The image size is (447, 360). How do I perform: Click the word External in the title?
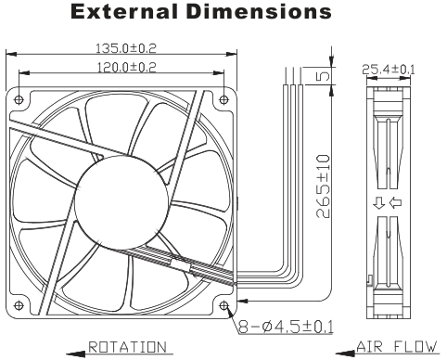click(x=124, y=12)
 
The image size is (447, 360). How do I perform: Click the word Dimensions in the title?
click(x=260, y=12)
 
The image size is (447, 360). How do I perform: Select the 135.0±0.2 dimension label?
click(x=125, y=48)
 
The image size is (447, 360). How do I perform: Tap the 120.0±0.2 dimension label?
click(x=126, y=67)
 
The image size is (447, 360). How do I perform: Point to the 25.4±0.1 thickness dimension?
click(x=389, y=70)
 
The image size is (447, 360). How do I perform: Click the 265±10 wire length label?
click(x=324, y=186)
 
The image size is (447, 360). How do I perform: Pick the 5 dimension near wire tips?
click(x=324, y=76)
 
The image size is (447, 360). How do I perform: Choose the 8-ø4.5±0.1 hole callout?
click(x=286, y=327)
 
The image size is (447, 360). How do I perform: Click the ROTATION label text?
click(x=127, y=347)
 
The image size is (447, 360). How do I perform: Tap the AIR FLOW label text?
click(x=397, y=347)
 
